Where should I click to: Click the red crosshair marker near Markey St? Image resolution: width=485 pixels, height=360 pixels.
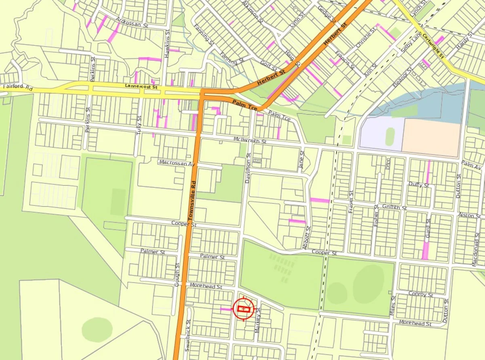(x=243, y=309)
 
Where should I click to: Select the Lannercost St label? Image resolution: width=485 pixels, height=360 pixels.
(x=141, y=87)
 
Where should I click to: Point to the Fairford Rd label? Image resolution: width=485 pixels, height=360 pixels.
(x=17, y=87)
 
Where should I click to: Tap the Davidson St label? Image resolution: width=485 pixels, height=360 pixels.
(x=248, y=168)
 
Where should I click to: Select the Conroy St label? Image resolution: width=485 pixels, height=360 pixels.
(x=421, y=294)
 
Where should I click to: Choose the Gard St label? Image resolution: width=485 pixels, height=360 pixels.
(x=428, y=228)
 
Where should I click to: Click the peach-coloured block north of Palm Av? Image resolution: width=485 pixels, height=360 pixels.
(x=431, y=137)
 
